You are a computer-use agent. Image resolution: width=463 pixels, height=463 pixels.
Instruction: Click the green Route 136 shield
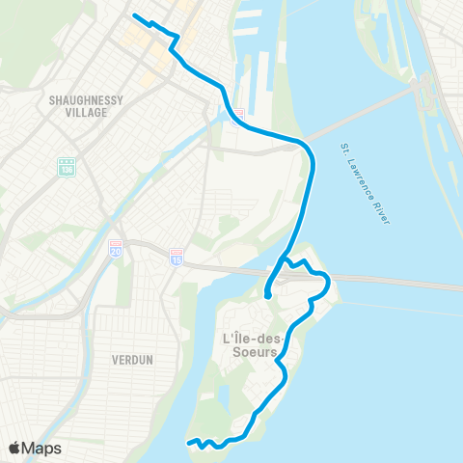click(67, 167)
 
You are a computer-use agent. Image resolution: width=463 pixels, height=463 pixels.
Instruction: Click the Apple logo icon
click(14, 448)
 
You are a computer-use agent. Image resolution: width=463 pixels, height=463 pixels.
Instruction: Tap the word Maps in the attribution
click(42, 448)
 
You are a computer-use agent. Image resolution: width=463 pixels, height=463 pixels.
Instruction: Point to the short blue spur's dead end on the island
click(267, 297)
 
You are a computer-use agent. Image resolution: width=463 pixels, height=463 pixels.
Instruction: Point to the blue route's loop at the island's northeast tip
click(326, 283)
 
